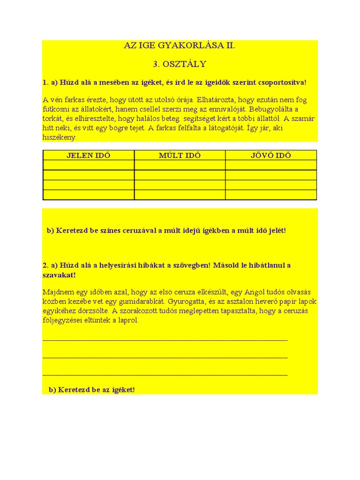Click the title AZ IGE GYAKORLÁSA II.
click(180, 46)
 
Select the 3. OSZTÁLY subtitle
click(180, 64)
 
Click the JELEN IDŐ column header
click(88, 156)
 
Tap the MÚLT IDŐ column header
click(180, 156)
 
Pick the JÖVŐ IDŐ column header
click(271, 156)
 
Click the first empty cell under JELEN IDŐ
click(88, 165)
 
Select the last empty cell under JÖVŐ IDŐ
click(271, 195)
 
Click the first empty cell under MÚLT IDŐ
click(180, 165)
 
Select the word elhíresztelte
click(93, 119)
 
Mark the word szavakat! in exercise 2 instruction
click(59, 275)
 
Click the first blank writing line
click(165, 339)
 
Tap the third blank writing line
click(165, 374)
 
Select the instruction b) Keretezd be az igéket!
click(91, 390)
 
